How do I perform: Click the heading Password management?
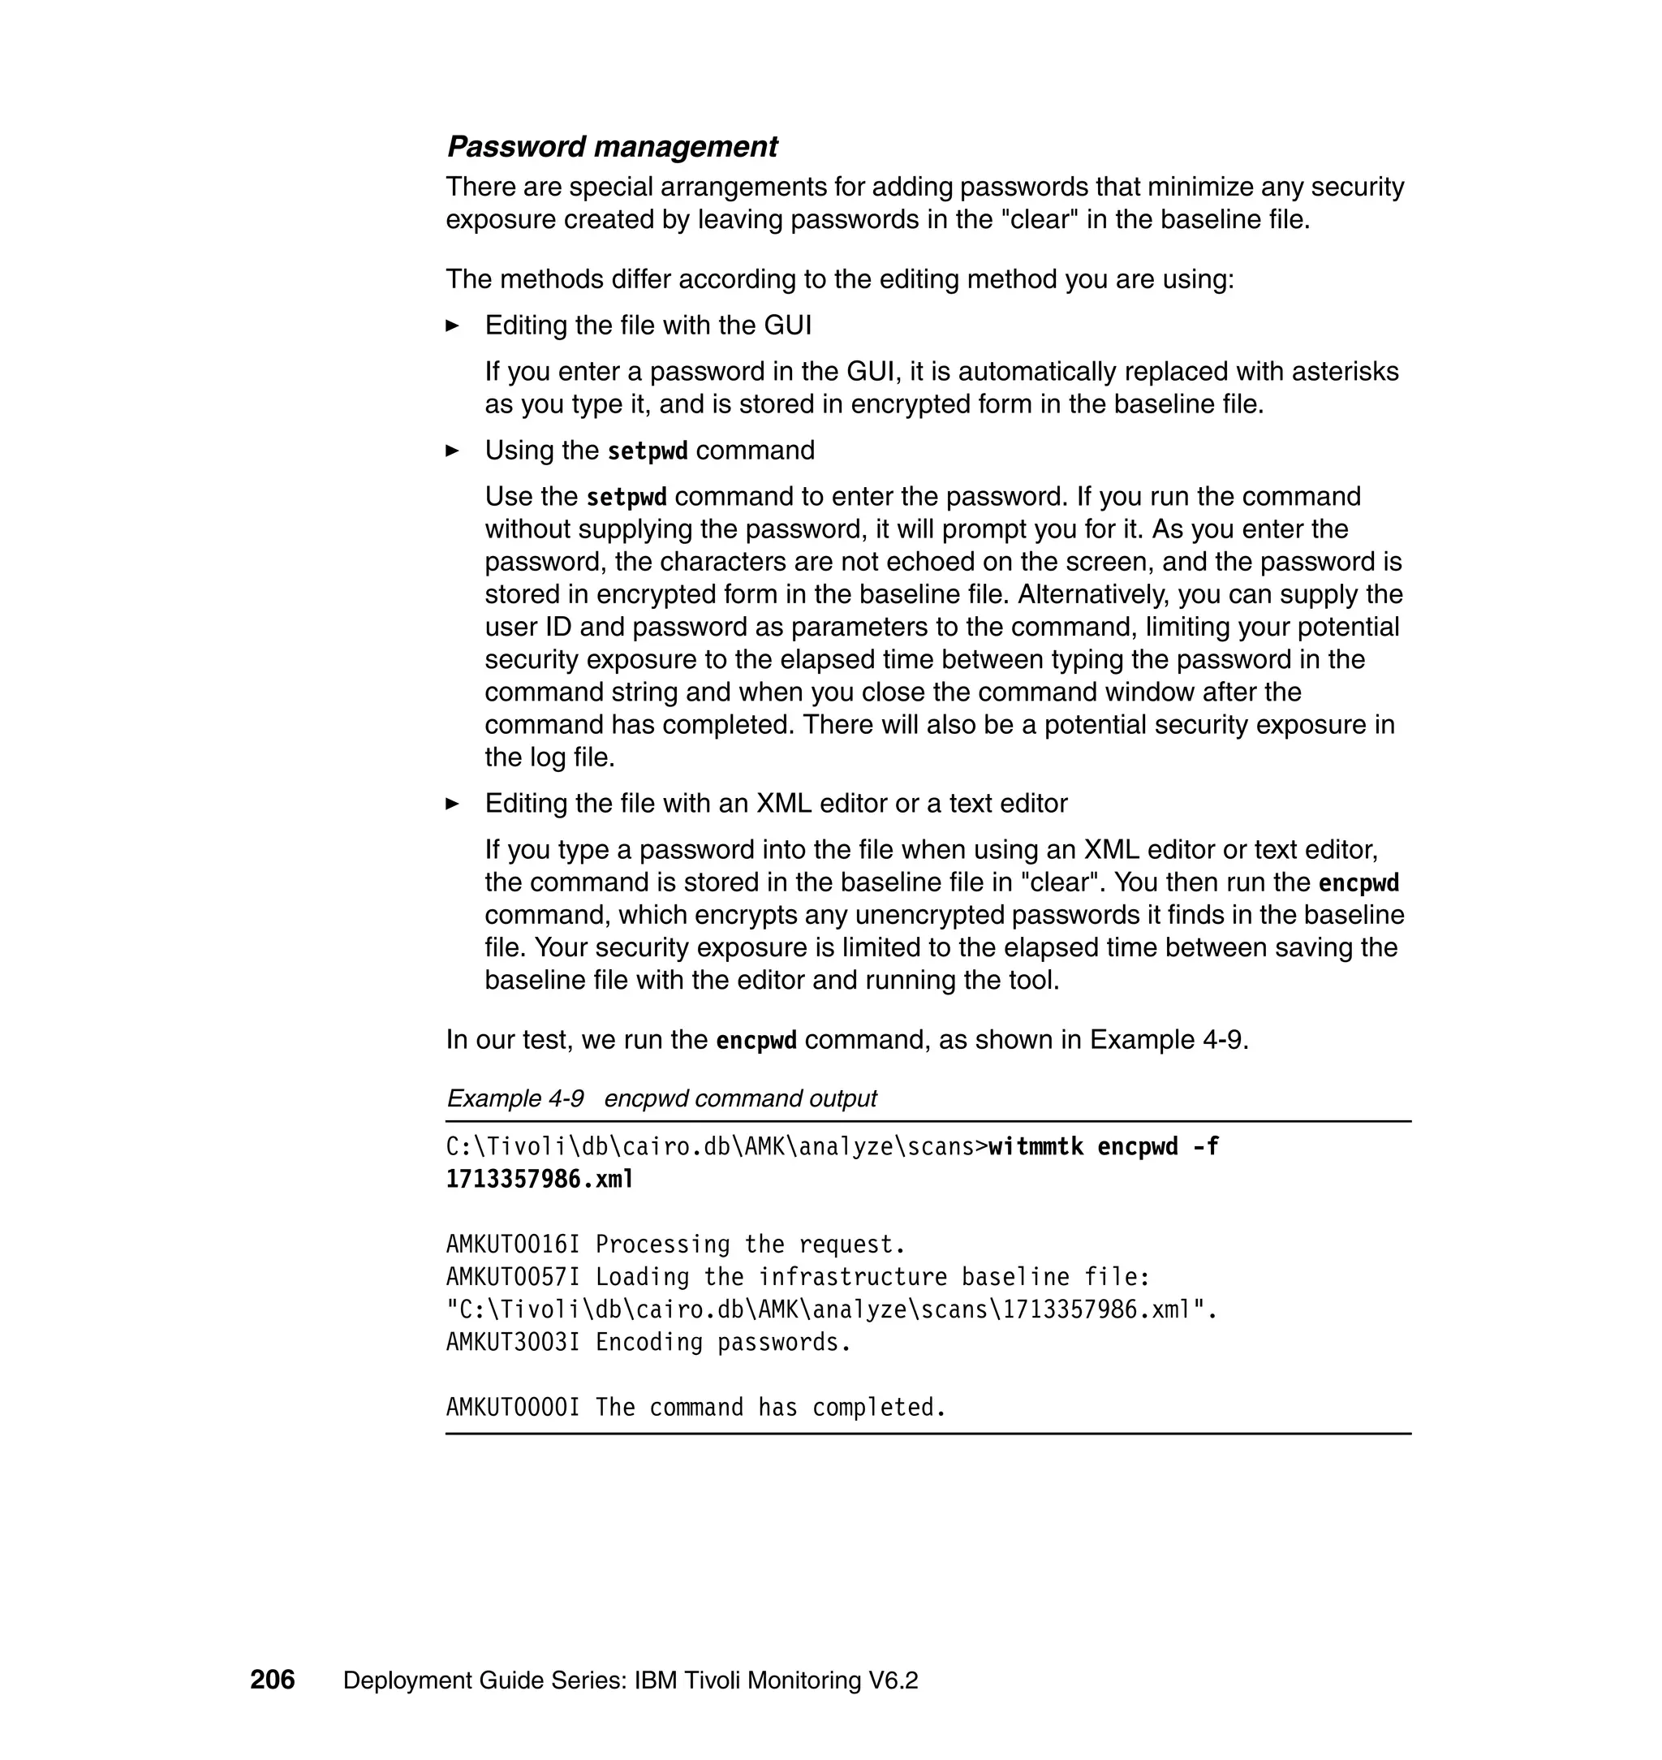click(611, 146)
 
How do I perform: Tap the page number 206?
click(272, 1680)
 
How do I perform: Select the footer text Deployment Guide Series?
click(484, 1680)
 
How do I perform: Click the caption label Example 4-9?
click(515, 1098)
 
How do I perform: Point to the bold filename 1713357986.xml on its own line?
click(540, 1180)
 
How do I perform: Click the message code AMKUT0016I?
click(512, 1245)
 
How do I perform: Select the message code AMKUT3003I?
click(512, 1342)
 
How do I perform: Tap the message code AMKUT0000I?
click(512, 1408)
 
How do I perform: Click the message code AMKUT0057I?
click(512, 1277)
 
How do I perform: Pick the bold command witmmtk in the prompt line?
click(1036, 1147)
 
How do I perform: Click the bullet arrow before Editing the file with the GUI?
click(453, 326)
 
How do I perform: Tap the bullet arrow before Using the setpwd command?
click(453, 451)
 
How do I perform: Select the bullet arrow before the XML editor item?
click(453, 804)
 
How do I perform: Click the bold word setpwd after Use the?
click(626, 497)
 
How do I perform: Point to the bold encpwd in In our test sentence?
click(756, 1041)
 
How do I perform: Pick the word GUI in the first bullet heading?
click(788, 326)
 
